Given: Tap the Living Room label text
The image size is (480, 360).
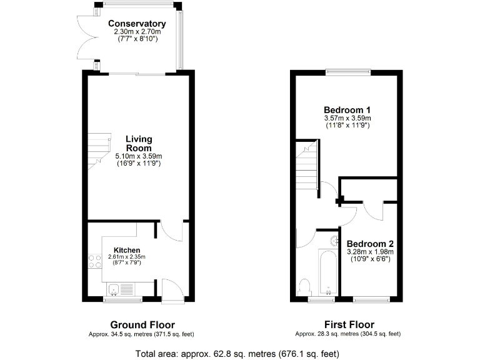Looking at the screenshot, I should pyautogui.click(x=139, y=143).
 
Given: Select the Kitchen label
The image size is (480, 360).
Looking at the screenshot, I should pyautogui.click(x=126, y=250).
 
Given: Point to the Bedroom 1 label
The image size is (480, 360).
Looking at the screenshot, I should pyautogui.click(x=347, y=109).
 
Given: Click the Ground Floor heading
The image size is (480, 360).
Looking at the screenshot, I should pyautogui.click(x=142, y=324).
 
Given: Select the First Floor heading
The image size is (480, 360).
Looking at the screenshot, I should pyautogui.click(x=349, y=324).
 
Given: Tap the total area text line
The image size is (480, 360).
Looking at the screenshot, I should pyautogui.click(x=237, y=354).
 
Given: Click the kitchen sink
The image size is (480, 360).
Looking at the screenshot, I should pyautogui.click(x=114, y=289).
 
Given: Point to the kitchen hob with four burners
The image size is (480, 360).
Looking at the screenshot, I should pyautogui.click(x=95, y=261).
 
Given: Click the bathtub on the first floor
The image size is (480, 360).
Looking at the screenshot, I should pyautogui.click(x=328, y=272).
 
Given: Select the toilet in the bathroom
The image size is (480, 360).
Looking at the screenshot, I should pyautogui.click(x=306, y=287).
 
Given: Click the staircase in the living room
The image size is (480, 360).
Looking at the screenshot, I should pyautogui.click(x=96, y=150).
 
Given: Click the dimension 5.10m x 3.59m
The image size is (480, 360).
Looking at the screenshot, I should pyautogui.click(x=139, y=156).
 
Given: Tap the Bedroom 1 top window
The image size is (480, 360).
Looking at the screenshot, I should pyautogui.click(x=347, y=71).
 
